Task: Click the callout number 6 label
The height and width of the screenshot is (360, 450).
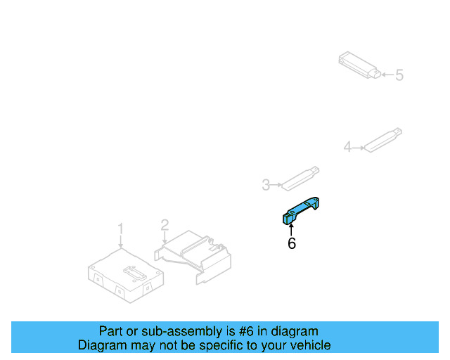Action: (292, 243)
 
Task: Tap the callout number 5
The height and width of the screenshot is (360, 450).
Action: (399, 75)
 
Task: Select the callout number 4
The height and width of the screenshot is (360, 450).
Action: (347, 147)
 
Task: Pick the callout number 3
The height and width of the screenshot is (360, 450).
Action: (266, 185)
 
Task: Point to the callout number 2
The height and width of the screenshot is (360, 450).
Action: (165, 225)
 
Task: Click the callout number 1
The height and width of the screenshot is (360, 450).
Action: (120, 229)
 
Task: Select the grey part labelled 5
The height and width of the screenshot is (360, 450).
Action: (359, 64)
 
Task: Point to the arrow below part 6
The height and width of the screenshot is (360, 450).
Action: (291, 229)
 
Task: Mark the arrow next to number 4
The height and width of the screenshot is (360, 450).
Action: (357, 148)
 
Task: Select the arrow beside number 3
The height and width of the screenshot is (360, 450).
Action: (276, 185)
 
